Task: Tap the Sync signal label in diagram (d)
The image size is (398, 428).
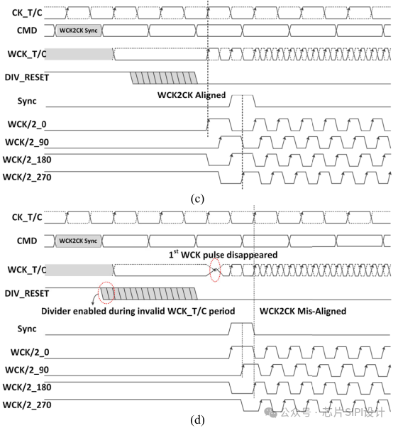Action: pyautogui.click(x=27, y=329)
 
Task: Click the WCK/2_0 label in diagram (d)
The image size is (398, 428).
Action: pyautogui.click(x=28, y=352)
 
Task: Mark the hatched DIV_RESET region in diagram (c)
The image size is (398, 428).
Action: pyautogui.click(x=162, y=77)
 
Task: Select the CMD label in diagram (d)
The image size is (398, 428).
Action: pyautogui.click(x=31, y=241)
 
